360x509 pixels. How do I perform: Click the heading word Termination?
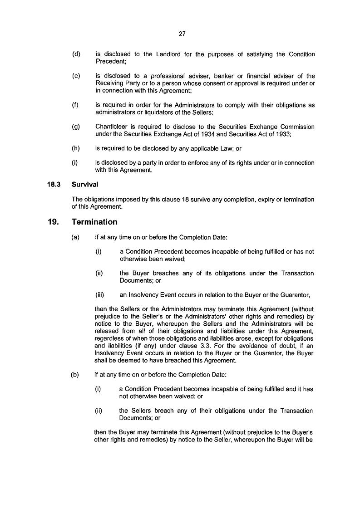coord(94,222)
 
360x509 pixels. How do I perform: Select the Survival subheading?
coord(84,185)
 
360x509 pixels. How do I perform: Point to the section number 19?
coord(52,222)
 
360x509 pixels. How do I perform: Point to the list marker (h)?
coord(76,148)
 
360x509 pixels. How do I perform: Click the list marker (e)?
coord(76,76)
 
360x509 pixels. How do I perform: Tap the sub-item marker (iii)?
coord(100,295)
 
